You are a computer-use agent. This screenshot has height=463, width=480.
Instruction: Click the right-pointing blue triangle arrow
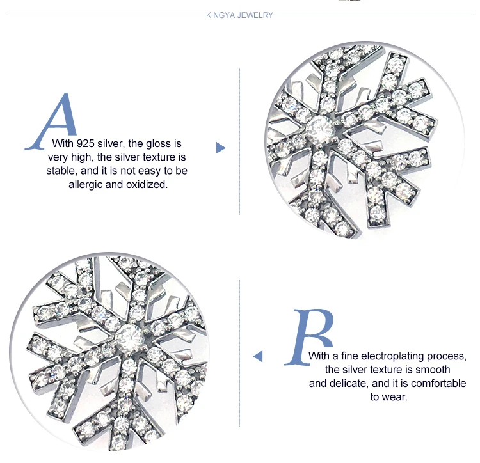point(220,148)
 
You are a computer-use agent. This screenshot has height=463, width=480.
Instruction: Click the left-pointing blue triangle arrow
point(258,356)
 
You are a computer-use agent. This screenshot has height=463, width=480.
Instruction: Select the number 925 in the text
point(85,143)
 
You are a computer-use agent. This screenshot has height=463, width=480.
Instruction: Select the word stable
point(62,171)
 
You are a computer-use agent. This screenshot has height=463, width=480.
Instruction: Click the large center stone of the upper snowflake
point(320,130)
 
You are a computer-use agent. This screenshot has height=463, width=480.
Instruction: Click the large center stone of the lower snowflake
point(129,338)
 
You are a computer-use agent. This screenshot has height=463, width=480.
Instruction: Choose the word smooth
point(433,370)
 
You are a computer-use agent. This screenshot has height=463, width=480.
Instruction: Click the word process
point(447,357)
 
